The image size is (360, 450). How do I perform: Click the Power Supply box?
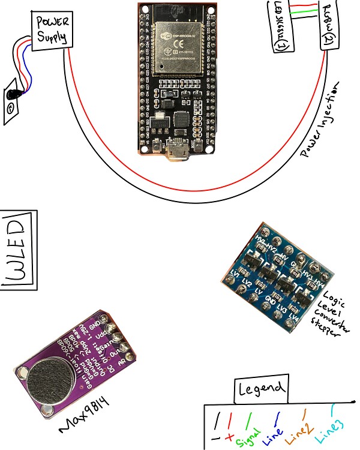[53, 31]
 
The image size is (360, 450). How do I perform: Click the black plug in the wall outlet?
[12, 94]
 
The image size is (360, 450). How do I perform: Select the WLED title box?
[19, 250]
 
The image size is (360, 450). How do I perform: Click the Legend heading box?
[261, 389]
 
